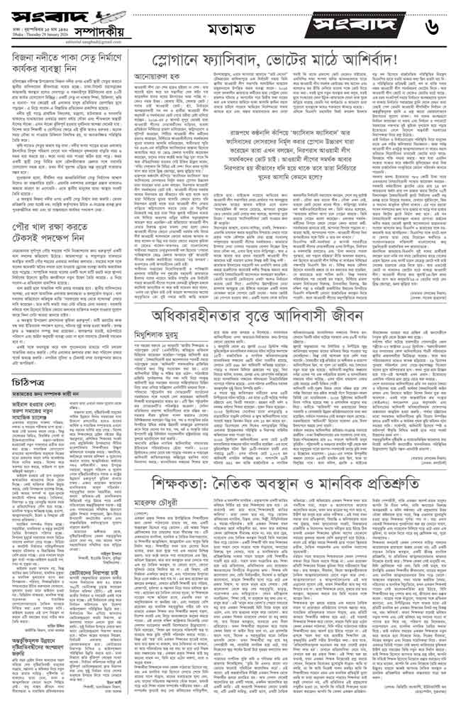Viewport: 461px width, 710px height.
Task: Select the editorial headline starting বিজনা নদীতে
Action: tap(65, 55)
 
